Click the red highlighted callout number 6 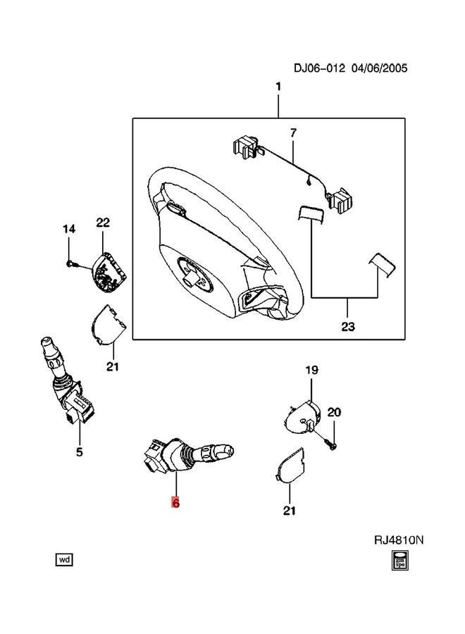[x=175, y=504]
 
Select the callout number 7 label [x=293, y=132]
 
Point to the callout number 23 [x=348, y=326]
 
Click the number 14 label [x=68, y=229]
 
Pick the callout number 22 [x=104, y=223]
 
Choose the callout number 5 [x=79, y=452]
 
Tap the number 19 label [x=311, y=370]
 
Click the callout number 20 [x=334, y=412]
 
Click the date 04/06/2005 [x=381, y=68]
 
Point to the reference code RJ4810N [x=399, y=540]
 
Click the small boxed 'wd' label [x=63, y=560]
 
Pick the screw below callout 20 [x=332, y=445]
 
